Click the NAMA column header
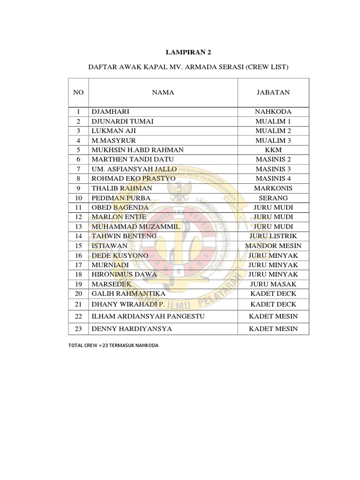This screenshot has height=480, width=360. (163, 92)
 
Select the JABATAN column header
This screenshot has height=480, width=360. (273, 92)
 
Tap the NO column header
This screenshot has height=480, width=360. (78, 92)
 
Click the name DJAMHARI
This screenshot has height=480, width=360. (111, 112)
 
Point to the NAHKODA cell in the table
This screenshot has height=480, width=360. (273, 112)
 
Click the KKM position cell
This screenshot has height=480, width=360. (273, 150)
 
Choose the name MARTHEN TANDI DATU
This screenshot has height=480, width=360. (127, 159)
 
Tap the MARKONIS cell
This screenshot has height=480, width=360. (273, 188)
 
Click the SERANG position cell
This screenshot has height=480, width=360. (273, 198)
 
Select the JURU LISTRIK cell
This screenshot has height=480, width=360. (273, 236)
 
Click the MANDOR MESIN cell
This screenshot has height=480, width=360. (273, 246)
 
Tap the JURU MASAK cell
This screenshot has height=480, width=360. (273, 284)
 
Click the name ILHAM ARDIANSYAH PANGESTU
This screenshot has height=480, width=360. (148, 316)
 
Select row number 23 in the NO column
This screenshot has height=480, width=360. (78, 329)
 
